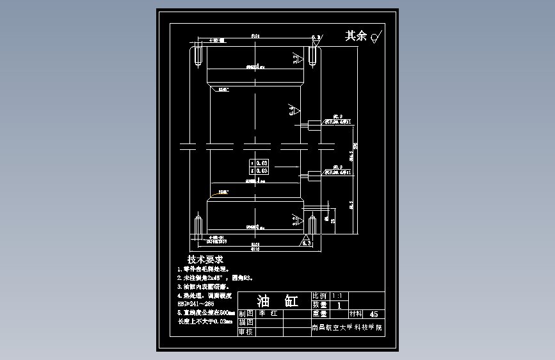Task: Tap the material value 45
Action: pos(374,315)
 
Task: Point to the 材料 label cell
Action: pos(355,315)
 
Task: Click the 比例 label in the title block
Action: pos(319,297)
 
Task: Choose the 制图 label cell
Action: pos(245,315)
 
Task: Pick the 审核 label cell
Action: pos(245,332)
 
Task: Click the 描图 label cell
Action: pos(245,323)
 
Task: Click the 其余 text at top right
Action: pos(356,36)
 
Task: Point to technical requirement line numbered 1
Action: pos(203,270)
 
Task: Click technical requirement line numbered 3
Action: pos(203,287)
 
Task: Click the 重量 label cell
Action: pos(319,315)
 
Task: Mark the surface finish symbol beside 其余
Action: pos(377,36)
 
